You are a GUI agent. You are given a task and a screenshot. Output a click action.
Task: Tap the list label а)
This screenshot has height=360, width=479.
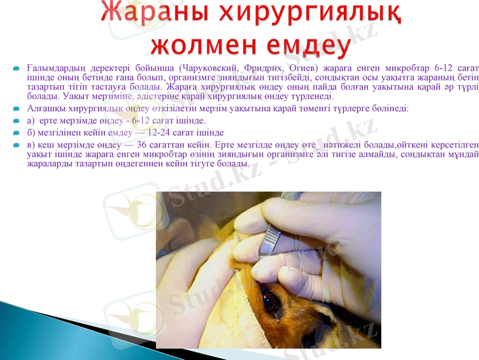click(32, 121)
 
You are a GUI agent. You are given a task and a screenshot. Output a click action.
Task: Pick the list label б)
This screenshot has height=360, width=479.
click(32, 133)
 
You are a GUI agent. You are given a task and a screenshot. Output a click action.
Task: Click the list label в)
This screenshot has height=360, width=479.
click(32, 145)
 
